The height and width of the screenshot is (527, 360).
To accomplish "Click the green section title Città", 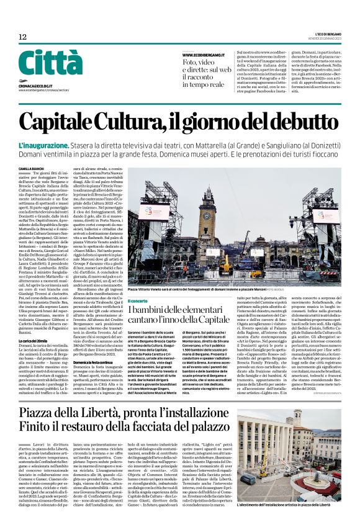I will [47, 65].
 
